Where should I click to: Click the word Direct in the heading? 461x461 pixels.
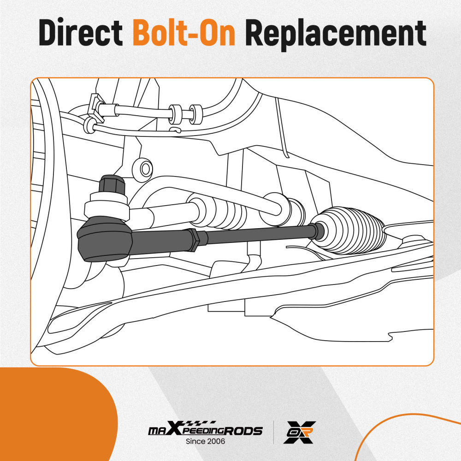[x=81, y=32]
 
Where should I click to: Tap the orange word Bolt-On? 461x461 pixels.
[x=184, y=32]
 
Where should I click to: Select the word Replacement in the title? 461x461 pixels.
[x=336, y=34]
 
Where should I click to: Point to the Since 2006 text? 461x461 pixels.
[x=205, y=441]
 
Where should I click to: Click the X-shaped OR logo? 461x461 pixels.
[x=300, y=432]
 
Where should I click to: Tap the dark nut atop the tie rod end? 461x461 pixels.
[x=112, y=185]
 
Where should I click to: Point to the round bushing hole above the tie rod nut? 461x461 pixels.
[x=142, y=169]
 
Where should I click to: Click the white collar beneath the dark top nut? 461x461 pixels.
[x=106, y=206]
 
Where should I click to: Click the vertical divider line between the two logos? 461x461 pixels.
[x=274, y=432]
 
